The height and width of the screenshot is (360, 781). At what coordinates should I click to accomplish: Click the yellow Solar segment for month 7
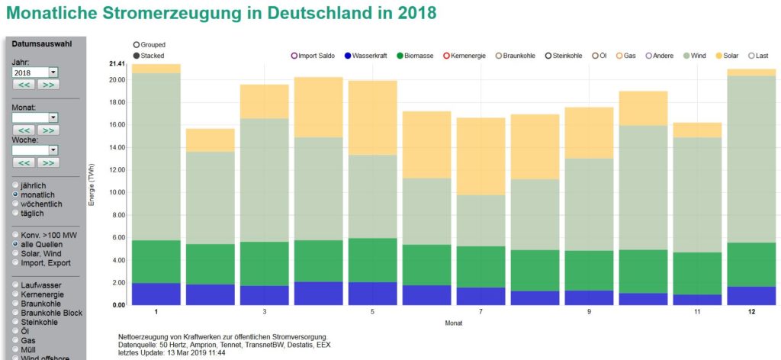pyautogui.click(x=480, y=156)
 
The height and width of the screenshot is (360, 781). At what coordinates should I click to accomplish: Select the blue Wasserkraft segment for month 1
pyautogui.click(x=156, y=294)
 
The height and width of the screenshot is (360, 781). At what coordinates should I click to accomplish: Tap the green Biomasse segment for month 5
pyautogui.click(x=373, y=260)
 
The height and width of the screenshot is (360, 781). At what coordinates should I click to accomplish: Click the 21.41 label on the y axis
pyautogui.click(x=116, y=63)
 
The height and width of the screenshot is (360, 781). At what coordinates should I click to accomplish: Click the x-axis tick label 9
pyautogui.click(x=590, y=312)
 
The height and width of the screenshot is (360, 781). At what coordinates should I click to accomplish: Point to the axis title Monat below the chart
pyautogui.click(x=454, y=323)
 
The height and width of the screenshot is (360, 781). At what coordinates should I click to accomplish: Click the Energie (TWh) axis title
pyautogui.click(x=92, y=184)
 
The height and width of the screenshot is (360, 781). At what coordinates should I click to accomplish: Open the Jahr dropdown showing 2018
pyautogui.click(x=35, y=72)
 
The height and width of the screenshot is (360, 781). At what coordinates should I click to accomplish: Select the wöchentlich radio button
pyautogui.click(x=16, y=204)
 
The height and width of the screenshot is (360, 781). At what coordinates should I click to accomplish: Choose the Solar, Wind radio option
pyautogui.click(x=16, y=253)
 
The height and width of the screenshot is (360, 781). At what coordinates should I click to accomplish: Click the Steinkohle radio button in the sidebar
pyautogui.click(x=16, y=323)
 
